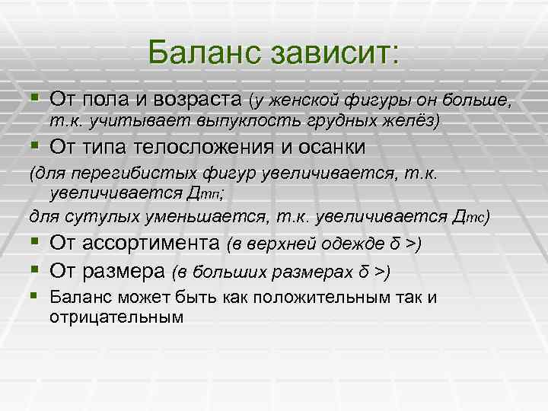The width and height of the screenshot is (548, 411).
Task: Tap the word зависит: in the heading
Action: pos(329,53)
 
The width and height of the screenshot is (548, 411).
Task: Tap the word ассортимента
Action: pos(148,244)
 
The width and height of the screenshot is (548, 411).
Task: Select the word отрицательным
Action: pos(116,316)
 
